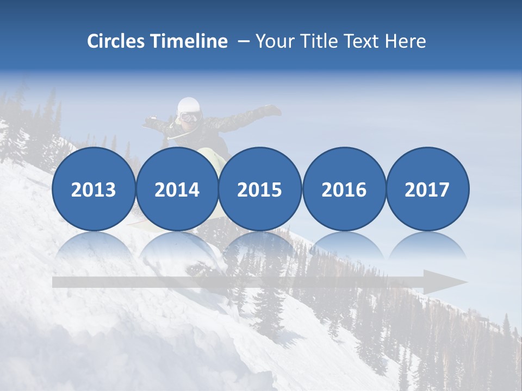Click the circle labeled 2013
point(94,189)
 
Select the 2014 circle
point(177,189)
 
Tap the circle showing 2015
point(260,189)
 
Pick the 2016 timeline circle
point(344,189)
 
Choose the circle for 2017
point(427,189)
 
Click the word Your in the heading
point(275,41)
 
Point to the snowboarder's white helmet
point(189,105)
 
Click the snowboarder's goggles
point(189,117)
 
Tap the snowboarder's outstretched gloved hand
point(271,110)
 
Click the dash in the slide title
point(243,41)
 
